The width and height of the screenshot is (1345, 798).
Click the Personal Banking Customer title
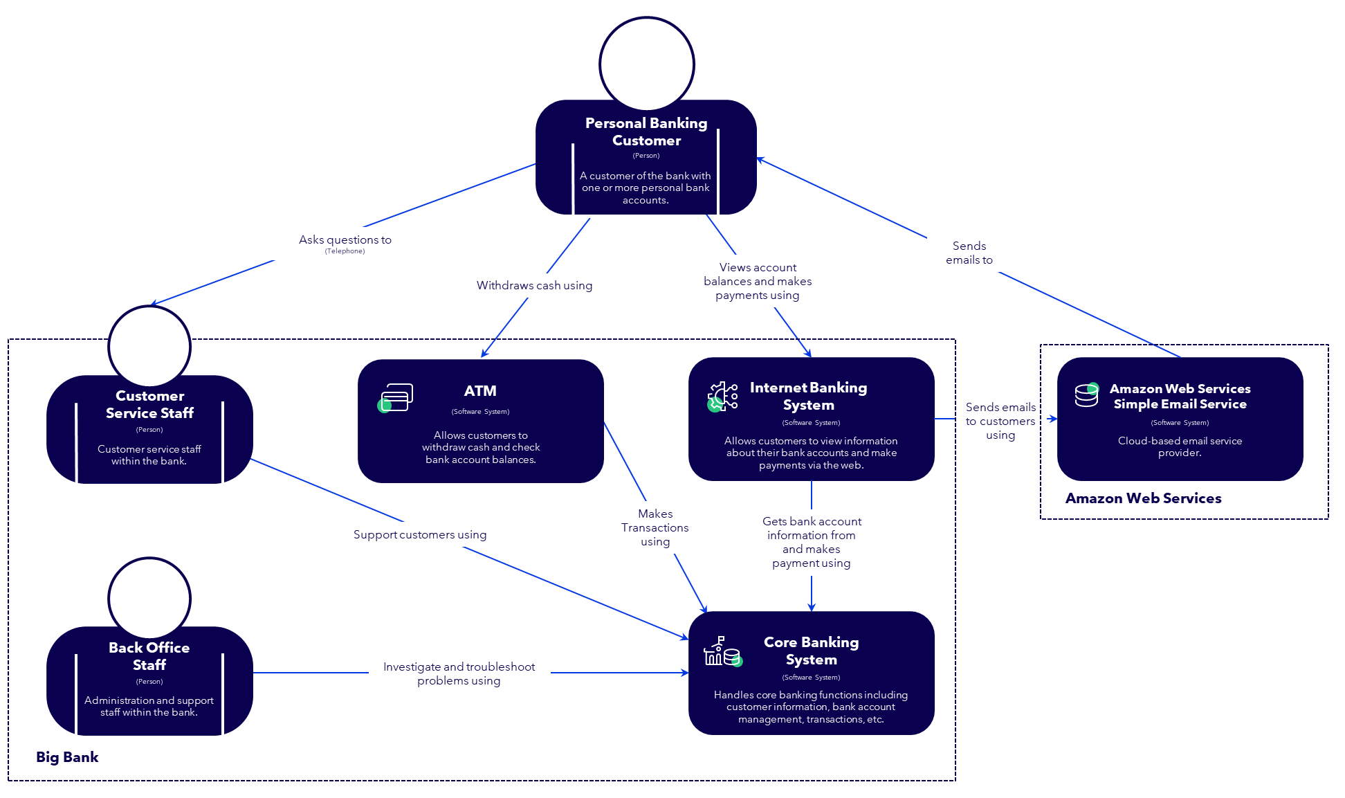point(646,132)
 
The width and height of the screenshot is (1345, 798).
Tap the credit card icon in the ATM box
point(396,398)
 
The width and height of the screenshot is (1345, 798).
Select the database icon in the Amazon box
point(1086,395)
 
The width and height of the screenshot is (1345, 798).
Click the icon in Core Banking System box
point(722,652)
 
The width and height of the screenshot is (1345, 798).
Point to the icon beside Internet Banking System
point(722,397)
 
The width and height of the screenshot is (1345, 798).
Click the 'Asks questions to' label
point(345,239)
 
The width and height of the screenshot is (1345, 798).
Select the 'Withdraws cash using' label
point(534,285)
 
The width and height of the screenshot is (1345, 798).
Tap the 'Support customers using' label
point(419,534)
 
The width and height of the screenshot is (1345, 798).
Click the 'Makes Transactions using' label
point(655,527)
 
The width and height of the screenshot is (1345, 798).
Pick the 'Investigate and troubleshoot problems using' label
point(459,673)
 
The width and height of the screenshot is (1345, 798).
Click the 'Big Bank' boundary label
point(67,757)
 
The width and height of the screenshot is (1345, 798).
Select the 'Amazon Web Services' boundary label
point(1143,498)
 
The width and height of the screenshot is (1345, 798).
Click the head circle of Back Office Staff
point(149,599)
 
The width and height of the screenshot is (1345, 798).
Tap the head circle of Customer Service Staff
point(149,347)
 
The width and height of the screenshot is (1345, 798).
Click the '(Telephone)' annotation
point(345,251)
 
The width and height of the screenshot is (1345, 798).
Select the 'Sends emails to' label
point(969,253)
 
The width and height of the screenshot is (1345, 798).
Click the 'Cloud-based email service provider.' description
point(1180,446)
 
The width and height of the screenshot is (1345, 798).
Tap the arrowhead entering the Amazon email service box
point(1052,419)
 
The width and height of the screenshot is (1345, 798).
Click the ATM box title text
point(480,391)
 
